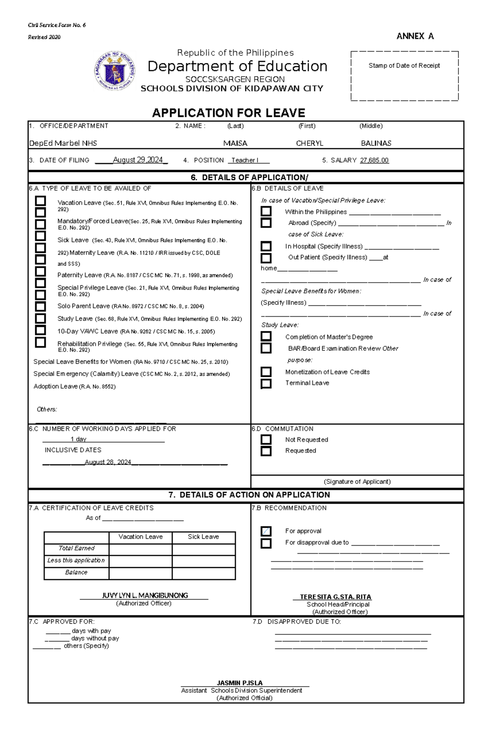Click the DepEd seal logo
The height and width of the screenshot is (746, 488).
pyautogui.click(x=115, y=71)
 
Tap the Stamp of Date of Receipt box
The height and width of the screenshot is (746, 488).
pyautogui.click(x=404, y=76)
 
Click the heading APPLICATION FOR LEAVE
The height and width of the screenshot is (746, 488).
pyautogui.click(x=229, y=113)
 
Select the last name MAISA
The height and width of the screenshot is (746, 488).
pyautogui.click(x=235, y=143)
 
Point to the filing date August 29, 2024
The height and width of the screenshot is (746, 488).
pyautogui.click(x=137, y=160)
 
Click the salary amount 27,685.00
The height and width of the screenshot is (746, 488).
pyautogui.click(x=374, y=160)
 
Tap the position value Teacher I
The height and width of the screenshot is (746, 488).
pyautogui.click(x=245, y=160)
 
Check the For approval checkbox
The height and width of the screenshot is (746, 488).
pyautogui.click(x=266, y=531)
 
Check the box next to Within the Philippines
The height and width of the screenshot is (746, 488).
pyautogui.click(x=266, y=211)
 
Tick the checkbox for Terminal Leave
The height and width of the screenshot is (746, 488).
pyautogui.click(x=266, y=383)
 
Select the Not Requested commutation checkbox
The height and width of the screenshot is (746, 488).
pyautogui.click(x=266, y=439)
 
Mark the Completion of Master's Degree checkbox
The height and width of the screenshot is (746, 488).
pyautogui.click(x=266, y=336)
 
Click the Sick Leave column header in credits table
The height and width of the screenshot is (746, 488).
pyautogui.click(x=203, y=537)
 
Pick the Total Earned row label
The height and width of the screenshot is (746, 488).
pyautogui.click(x=76, y=548)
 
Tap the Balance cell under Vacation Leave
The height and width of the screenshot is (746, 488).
pyautogui.click(x=140, y=572)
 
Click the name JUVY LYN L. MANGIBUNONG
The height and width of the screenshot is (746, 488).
pyautogui.click(x=145, y=595)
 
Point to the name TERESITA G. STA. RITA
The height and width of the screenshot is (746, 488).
pyautogui.click(x=335, y=597)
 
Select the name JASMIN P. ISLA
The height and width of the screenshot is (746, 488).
pyautogui.click(x=240, y=683)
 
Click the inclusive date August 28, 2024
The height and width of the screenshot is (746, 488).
pyautogui.click(x=108, y=462)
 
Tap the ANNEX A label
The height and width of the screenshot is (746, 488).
pyautogui.click(x=415, y=36)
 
